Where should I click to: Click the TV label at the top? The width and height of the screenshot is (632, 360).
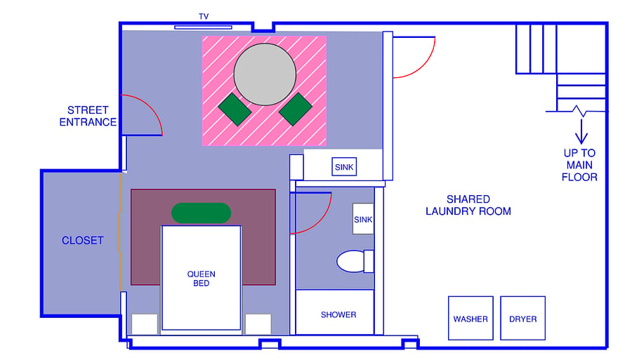204,17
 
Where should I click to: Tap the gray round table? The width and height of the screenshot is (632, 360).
265,74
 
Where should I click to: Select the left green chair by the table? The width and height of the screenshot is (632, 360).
235,109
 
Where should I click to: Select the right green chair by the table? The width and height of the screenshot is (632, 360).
295,109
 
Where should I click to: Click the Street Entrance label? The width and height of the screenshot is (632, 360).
88,116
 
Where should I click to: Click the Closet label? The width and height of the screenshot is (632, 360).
83,241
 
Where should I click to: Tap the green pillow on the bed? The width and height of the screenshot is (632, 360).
201,213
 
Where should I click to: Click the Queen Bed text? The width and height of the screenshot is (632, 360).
201,279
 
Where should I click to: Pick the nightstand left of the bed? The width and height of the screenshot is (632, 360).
144,324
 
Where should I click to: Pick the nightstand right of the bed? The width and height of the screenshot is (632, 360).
258,324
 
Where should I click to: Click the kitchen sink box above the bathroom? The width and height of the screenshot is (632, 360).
344,167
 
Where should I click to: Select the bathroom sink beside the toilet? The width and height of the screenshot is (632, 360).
363,219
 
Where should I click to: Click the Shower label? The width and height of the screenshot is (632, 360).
338,314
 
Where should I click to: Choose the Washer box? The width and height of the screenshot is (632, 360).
470,318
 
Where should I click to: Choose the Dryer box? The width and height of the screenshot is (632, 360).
522,318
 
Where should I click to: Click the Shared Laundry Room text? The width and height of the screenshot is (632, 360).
468,206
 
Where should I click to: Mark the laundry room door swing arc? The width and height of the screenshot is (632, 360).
423,65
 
